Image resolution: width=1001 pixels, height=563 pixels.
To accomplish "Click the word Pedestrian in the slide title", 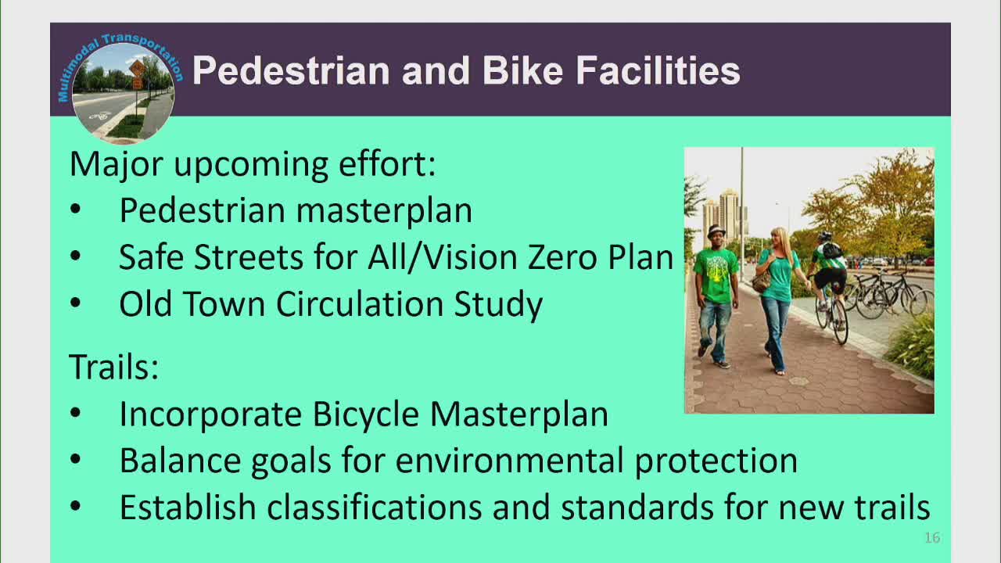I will [291, 70].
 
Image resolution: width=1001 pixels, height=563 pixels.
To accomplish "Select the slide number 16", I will [931, 538].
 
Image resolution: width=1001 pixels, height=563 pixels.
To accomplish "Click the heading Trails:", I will [114, 367].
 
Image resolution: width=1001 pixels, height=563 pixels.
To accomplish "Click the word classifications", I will [375, 507].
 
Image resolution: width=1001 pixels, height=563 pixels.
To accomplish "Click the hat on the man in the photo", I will [716, 232].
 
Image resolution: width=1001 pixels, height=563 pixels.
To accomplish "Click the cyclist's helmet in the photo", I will [824, 235].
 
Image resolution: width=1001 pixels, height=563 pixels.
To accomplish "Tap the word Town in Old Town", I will [227, 304].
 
